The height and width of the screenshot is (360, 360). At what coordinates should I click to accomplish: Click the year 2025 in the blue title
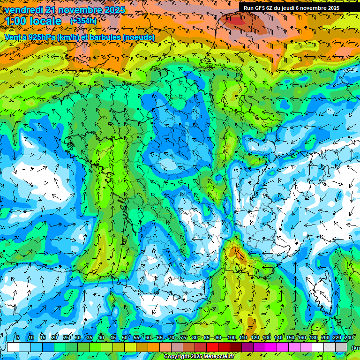pos(112,10)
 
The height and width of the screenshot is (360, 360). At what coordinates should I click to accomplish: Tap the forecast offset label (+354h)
pos(83,21)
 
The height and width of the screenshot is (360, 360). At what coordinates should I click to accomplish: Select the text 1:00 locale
pos(34,22)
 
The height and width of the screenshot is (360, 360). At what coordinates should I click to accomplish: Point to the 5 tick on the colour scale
pos(17,337)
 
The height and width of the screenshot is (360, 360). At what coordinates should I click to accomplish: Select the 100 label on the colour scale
pos(231,337)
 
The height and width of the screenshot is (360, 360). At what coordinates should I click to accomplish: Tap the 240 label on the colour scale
pos(349,337)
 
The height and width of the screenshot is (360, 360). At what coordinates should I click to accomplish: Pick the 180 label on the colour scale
pos(314,337)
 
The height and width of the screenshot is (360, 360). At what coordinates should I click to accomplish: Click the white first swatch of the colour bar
pos(13,347)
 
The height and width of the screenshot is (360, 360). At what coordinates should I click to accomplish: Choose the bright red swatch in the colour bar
pos(212,347)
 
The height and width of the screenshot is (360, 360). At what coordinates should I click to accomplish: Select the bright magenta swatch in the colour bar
pos(271,347)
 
